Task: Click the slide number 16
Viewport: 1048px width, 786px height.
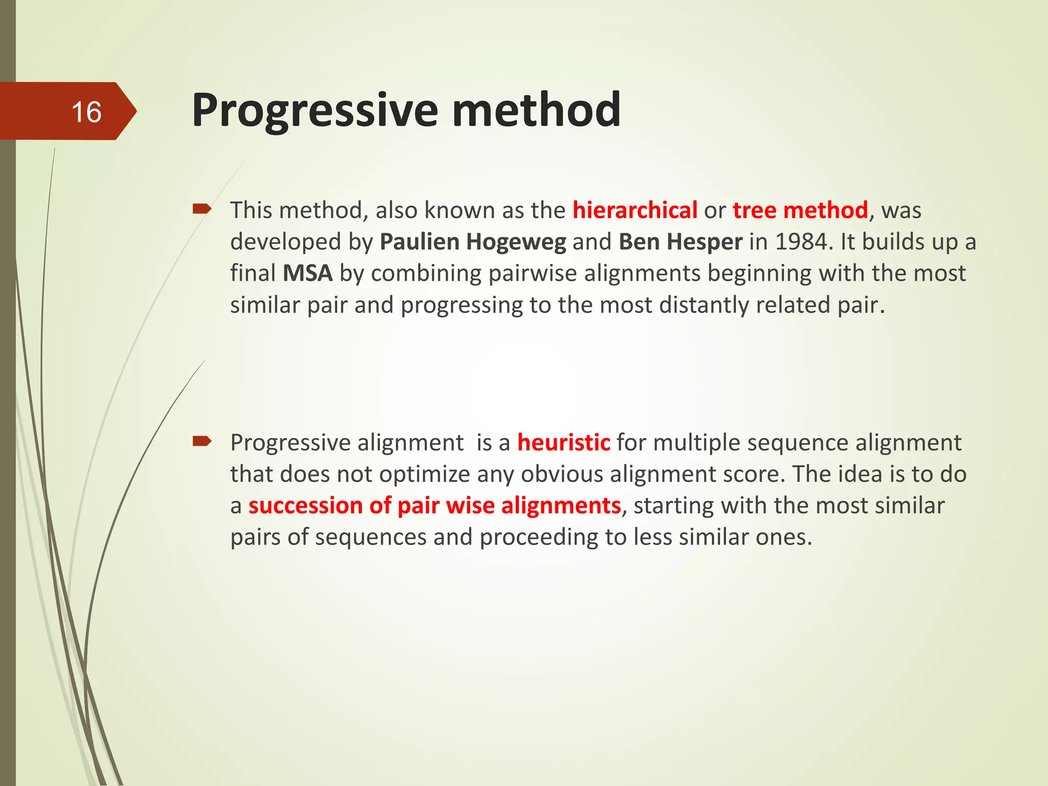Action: (x=86, y=112)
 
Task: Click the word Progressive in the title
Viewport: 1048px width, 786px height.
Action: (x=315, y=111)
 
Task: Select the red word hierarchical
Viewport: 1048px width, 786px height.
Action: (x=635, y=210)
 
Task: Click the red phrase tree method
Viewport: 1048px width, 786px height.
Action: (x=800, y=210)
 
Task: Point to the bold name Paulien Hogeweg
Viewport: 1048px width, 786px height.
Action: (x=473, y=242)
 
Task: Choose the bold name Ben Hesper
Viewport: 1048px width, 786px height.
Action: (x=680, y=242)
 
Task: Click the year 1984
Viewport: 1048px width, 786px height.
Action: (x=800, y=242)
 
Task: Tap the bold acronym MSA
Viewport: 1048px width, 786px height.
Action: (x=308, y=273)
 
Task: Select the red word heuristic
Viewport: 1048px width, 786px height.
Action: (x=563, y=443)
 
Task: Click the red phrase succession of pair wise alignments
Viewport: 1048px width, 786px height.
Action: (x=434, y=506)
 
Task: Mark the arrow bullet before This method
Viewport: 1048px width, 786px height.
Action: (x=202, y=209)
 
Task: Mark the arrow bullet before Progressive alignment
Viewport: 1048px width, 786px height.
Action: (x=202, y=441)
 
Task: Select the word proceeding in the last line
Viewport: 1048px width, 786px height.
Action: (x=552, y=537)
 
